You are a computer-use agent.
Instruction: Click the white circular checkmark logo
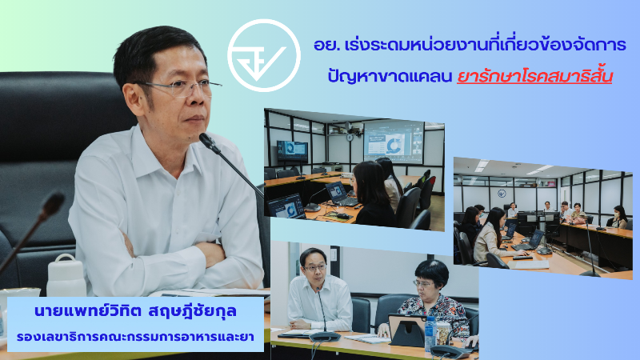[x=264, y=55]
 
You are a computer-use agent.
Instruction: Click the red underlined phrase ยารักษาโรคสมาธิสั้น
[x=534, y=76]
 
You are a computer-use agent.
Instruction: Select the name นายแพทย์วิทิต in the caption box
[x=87, y=311]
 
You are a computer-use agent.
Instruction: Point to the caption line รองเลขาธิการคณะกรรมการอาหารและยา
[x=135, y=337]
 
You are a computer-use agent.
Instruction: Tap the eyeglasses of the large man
[x=179, y=87]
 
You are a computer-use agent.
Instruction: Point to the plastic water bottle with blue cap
[x=430, y=334]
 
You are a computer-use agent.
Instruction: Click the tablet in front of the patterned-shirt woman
[x=406, y=330]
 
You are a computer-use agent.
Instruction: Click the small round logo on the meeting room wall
[x=502, y=193]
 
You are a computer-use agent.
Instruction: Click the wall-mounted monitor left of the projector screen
[x=292, y=150]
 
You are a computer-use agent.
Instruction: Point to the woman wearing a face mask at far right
[x=619, y=217]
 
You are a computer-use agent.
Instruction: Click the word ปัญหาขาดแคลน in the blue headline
[x=390, y=76]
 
